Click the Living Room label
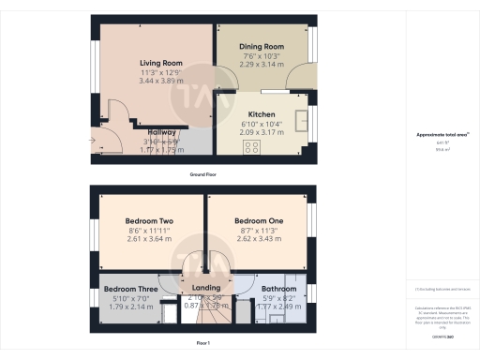tap(160, 63)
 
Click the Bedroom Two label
tap(148, 222)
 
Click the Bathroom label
tap(278, 288)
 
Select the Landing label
tap(205, 288)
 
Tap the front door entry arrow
tap(93, 142)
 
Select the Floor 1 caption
tap(203, 345)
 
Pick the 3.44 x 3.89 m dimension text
tap(160, 82)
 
